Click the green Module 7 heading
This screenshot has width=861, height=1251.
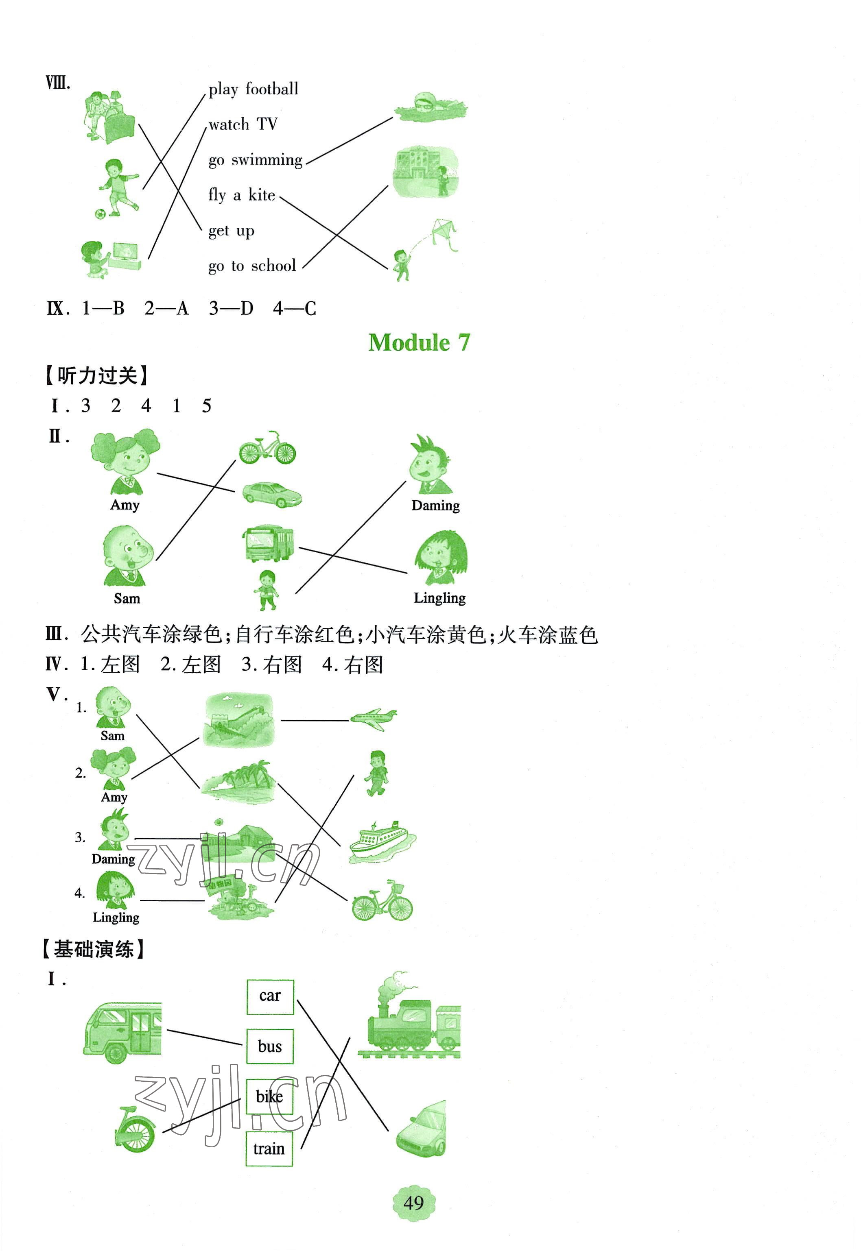[419, 343]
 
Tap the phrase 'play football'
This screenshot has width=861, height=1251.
[253, 89]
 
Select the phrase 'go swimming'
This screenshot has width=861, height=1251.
[255, 160]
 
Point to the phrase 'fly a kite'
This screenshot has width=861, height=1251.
[242, 195]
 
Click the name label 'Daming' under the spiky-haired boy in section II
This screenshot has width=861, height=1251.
[435, 506]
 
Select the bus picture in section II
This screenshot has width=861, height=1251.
[268, 543]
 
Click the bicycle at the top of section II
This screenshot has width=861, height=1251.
[267, 448]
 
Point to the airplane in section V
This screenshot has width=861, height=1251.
[373, 719]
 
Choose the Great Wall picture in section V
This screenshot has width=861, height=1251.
[238, 720]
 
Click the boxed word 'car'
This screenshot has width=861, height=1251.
[270, 996]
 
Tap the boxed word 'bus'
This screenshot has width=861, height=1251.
[270, 1046]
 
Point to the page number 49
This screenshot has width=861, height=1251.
[414, 1203]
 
